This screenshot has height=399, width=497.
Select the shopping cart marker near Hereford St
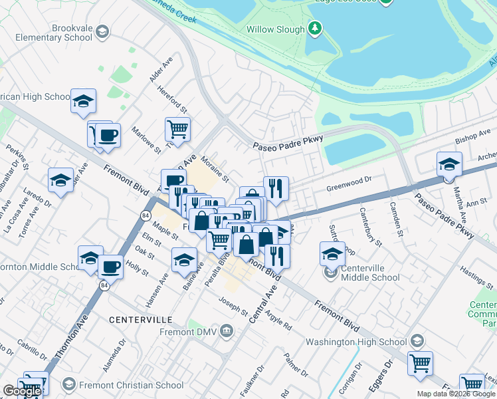[177, 128]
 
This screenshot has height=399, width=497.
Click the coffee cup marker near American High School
[108, 136]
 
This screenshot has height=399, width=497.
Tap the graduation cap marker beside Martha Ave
[449, 164]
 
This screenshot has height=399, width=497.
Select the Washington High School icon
[417, 341]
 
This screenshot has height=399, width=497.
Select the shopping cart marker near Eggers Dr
[420, 364]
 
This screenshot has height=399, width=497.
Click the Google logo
[21, 391]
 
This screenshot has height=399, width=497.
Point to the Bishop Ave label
[472, 138]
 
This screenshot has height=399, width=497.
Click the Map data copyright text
[456, 394]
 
